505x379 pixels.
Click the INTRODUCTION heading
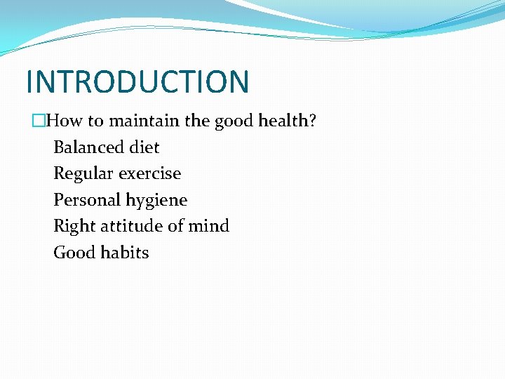(x=137, y=81)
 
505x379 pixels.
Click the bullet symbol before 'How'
(x=39, y=121)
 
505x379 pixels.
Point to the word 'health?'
(x=288, y=121)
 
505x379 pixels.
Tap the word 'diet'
(x=144, y=147)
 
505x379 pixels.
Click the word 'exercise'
(x=149, y=173)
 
